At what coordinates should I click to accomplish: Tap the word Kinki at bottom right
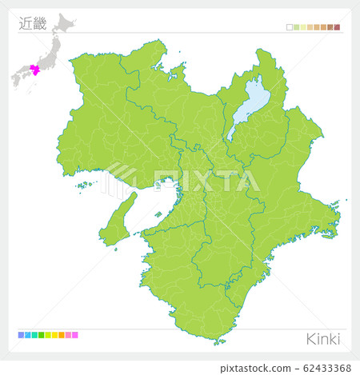[323, 339]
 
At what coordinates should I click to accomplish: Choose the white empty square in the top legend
[290, 27]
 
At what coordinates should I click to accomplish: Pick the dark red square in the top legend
[338, 27]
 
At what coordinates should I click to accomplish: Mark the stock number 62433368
[323, 367]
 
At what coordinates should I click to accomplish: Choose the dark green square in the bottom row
[41, 335]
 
